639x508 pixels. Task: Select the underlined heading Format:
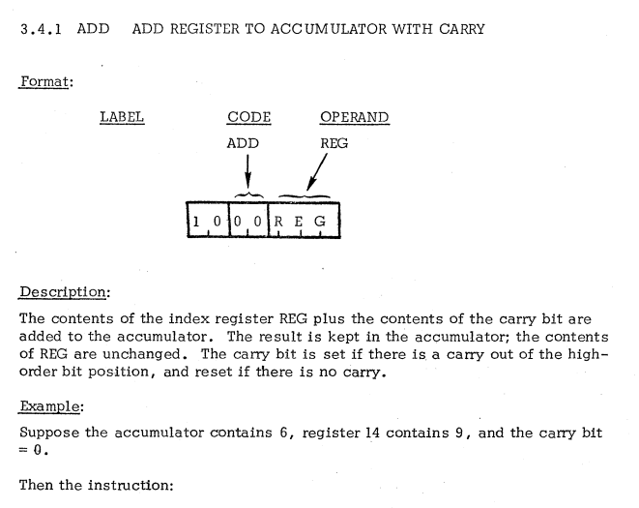[44, 84]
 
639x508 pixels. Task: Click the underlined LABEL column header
[122, 118]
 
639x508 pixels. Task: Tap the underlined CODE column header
[248, 118]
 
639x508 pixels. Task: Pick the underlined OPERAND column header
[354, 118]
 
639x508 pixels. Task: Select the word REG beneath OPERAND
[333, 142]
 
